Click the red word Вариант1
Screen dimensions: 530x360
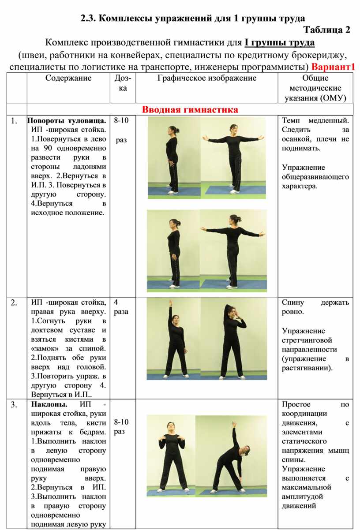pos(333,67)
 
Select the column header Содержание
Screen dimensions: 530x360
pos(68,78)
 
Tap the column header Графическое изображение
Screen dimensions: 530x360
pos(207,78)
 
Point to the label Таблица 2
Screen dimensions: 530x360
pos(327,30)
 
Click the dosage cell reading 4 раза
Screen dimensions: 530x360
pos(121,307)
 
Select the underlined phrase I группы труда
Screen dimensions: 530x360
pos(279,43)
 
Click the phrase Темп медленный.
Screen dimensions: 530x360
pos(315,121)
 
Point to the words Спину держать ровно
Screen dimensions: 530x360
pos(315,307)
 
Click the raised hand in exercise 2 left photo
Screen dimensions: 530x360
pos(170,303)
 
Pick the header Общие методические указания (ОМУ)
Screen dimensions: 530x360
pos(315,88)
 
